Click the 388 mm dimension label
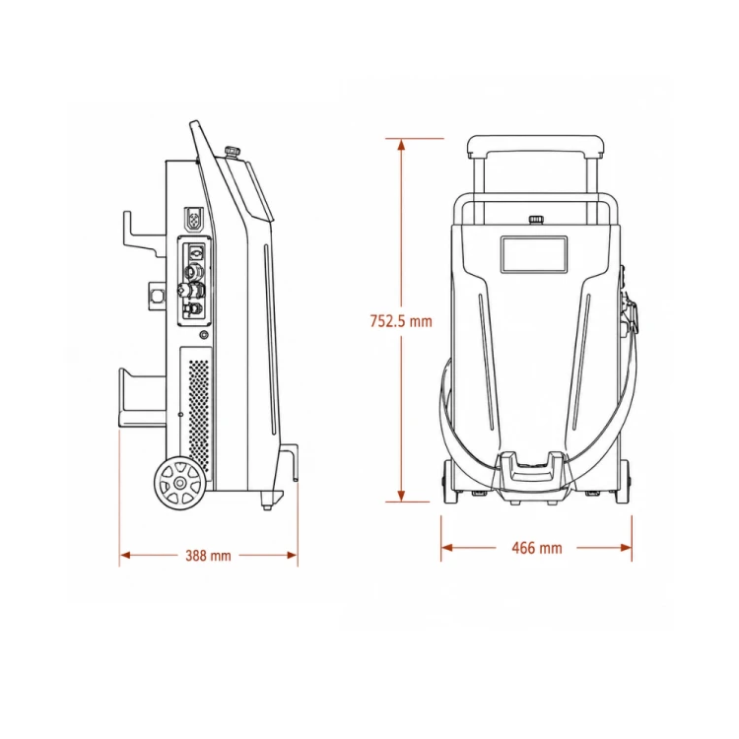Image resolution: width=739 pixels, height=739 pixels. (x=208, y=556)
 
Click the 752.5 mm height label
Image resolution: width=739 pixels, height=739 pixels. (x=401, y=321)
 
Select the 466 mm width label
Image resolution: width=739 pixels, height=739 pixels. (x=537, y=548)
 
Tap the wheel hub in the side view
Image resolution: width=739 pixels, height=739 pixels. (x=179, y=483)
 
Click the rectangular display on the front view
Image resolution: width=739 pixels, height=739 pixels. (x=534, y=254)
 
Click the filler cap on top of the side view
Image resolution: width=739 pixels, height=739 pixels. (x=232, y=153)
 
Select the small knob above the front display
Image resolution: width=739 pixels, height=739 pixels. (x=535, y=220)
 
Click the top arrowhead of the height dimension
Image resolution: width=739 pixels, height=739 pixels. (x=401, y=143)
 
